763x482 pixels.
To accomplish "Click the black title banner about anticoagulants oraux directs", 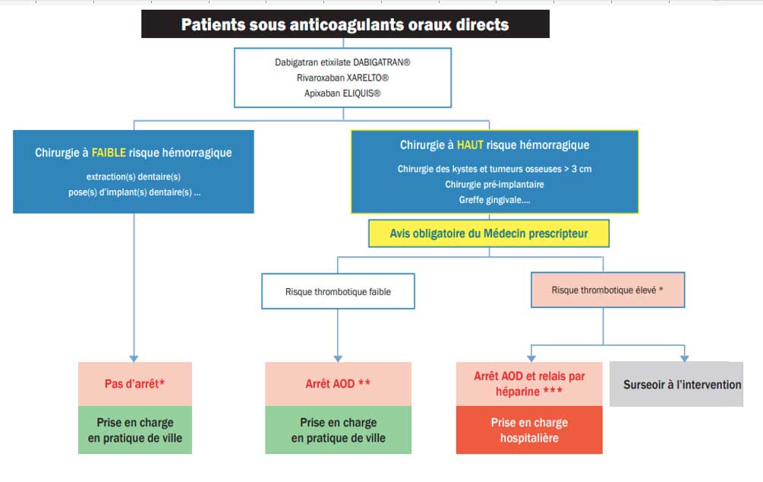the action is click(345, 24).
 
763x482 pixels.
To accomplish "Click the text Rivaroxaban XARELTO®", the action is click(342, 78).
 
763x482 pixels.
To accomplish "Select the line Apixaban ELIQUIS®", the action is click(342, 93).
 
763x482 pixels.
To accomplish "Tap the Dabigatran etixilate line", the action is click(342, 62).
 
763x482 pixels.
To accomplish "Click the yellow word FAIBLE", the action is click(109, 153).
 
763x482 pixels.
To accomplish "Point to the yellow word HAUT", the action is click(470, 144).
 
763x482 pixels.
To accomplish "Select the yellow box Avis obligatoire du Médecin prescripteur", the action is click(489, 233).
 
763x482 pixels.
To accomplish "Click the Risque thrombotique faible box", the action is click(338, 291).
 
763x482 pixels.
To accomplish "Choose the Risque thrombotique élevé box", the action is click(608, 290).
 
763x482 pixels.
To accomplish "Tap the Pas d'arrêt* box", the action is click(135, 384).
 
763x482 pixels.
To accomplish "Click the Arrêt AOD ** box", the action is click(338, 384).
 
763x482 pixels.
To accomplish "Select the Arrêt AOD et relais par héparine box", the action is click(529, 384).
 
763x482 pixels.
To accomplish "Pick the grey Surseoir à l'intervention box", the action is click(676, 384).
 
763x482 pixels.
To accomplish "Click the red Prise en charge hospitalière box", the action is click(529, 430).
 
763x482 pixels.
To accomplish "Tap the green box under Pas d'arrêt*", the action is click(135, 430).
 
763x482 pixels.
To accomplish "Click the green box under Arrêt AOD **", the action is click(338, 430).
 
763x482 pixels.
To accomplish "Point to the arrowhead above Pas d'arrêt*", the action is click(134, 359).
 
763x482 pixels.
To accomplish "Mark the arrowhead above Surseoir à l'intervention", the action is click(685, 359).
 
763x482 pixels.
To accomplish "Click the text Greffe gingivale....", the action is click(494, 200).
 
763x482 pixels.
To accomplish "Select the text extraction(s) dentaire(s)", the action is click(134, 176).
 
